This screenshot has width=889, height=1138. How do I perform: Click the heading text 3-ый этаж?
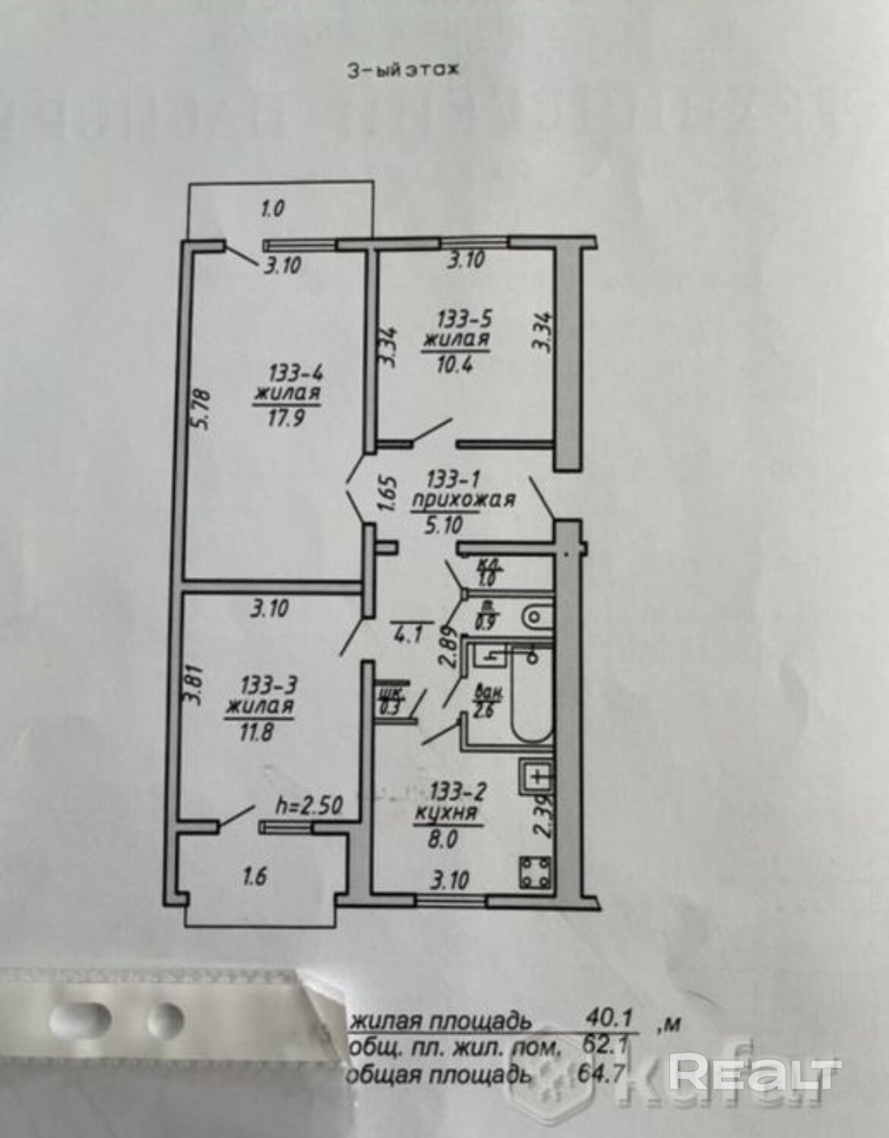403,70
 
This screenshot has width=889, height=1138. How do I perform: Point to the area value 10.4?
455,361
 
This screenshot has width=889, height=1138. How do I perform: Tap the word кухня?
445,814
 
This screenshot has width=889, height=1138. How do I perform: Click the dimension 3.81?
197,688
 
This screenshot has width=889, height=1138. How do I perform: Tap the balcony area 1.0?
272,208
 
